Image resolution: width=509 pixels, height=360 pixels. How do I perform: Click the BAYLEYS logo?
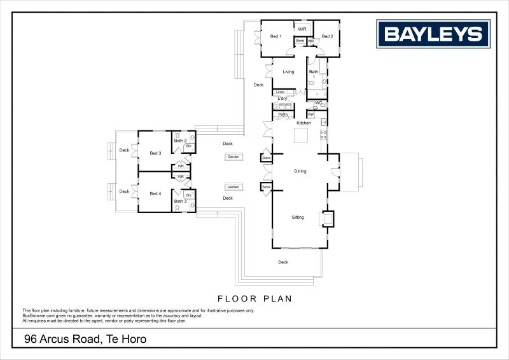pyautogui.click(x=433, y=33)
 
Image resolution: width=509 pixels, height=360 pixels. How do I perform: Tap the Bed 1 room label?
pyautogui.click(x=275, y=36)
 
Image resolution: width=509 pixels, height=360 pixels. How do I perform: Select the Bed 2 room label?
pyautogui.click(x=327, y=36)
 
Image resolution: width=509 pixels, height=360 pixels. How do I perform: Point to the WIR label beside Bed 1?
pyautogui.click(x=302, y=29)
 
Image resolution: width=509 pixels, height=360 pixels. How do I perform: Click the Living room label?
pyautogui.click(x=288, y=72)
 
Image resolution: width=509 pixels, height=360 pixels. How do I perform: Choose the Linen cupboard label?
pyautogui.click(x=280, y=92)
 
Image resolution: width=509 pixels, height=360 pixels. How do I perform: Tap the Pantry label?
pyautogui.click(x=283, y=114)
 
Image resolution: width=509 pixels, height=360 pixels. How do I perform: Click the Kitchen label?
pyautogui.click(x=303, y=123)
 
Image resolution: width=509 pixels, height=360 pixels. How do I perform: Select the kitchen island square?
pyautogui.click(x=300, y=136)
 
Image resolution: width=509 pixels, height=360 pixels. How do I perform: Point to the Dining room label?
pyautogui.click(x=300, y=171)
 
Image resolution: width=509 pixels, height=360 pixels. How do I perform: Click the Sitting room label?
pyautogui.click(x=298, y=218)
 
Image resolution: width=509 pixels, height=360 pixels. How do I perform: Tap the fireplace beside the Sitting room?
pyautogui.click(x=328, y=219)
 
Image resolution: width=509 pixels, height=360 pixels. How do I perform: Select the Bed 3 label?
pyautogui.click(x=156, y=153)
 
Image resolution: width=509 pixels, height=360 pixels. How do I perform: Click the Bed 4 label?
pyautogui.click(x=156, y=193)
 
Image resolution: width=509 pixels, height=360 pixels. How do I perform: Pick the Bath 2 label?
pyautogui.click(x=180, y=141)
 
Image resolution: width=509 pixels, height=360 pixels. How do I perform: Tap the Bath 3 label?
pyautogui.click(x=180, y=202)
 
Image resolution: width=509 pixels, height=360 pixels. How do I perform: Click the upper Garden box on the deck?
pyautogui.click(x=234, y=156)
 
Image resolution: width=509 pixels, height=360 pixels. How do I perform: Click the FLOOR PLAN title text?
pyautogui.click(x=254, y=298)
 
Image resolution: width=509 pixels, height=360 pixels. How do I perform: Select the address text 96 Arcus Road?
pyautogui.click(x=85, y=340)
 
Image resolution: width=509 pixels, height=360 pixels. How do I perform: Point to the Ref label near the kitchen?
pyautogui.click(x=311, y=114)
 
